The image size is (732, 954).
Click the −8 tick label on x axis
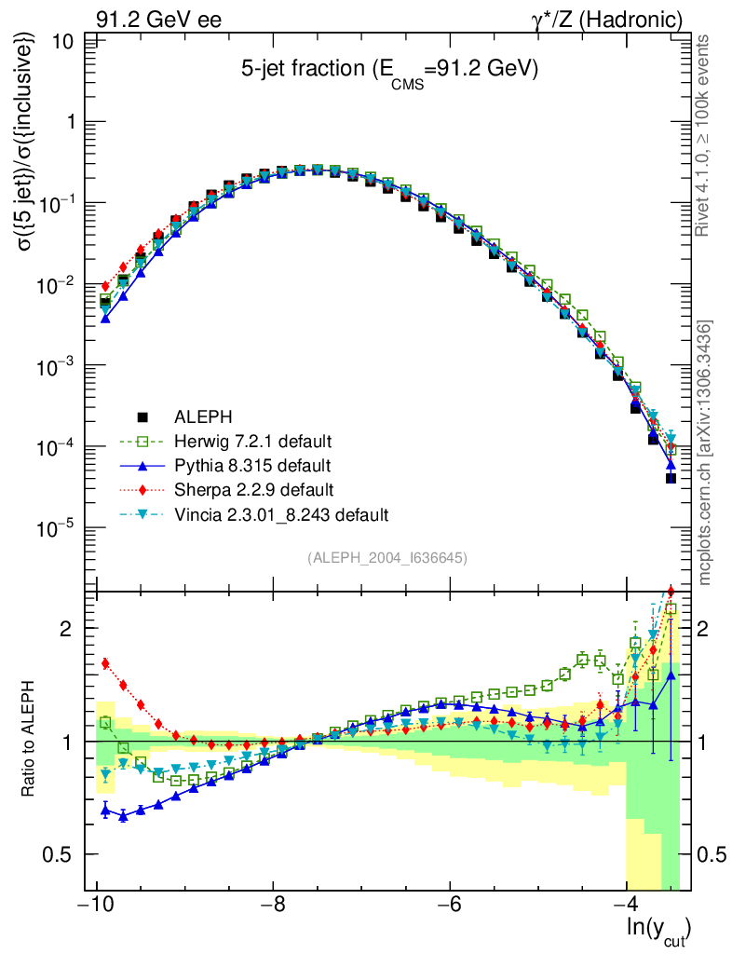tap(272, 906)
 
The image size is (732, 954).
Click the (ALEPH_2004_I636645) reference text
tap(386, 558)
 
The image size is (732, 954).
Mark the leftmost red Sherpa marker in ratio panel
tap(105, 663)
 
